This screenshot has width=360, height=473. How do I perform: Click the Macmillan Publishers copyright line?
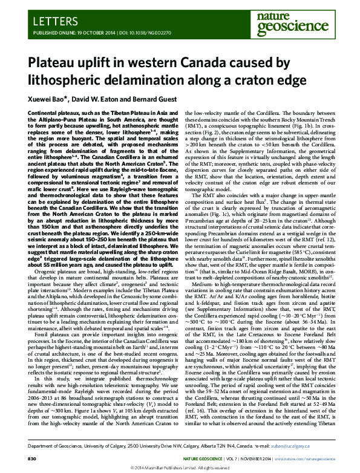coord(180,468)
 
